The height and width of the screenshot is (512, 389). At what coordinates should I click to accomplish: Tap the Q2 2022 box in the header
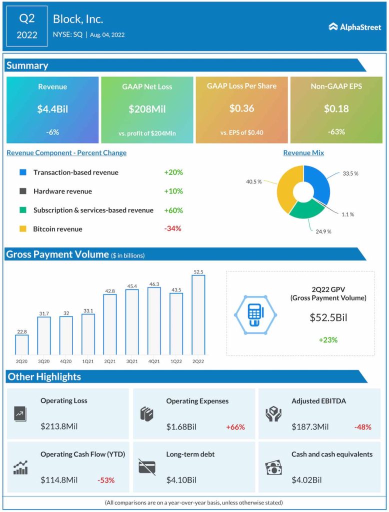tap(27, 26)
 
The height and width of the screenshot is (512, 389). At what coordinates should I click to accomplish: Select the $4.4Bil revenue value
tap(52, 108)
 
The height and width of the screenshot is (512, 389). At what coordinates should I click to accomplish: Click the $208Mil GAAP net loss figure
tap(147, 108)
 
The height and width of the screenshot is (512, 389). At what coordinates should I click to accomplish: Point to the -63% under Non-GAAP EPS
tap(336, 132)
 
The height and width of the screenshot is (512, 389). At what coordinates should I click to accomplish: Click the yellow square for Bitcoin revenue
tap(22, 228)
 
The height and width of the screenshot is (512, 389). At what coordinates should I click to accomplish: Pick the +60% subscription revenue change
tap(173, 210)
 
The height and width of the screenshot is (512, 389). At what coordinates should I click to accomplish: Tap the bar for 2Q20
tap(22, 344)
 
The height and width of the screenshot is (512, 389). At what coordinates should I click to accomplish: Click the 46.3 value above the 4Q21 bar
tap(154, 283)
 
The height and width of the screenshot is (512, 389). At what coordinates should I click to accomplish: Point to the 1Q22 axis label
tap(176, 360)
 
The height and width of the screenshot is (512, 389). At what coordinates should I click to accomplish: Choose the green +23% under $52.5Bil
tap(328, 340)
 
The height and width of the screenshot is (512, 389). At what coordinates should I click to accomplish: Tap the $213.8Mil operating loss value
tap(59, 426)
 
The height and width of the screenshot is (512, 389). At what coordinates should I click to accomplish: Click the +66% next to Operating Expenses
tap(235, 427)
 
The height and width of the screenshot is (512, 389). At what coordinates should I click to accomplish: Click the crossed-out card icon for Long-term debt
tap(147, 467)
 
